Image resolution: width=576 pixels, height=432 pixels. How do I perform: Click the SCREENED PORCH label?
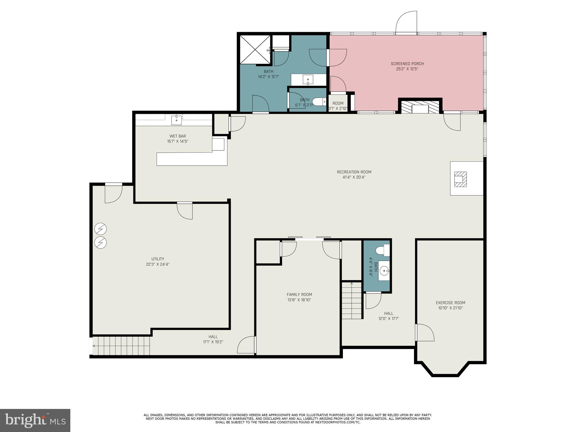pyautogui.click(x=407, y=64)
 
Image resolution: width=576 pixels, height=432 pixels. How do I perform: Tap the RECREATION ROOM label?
pyautogui.click(x=354, y=172)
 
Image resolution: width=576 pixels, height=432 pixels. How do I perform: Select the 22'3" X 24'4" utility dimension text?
pyautogui.click(x=157, y=264)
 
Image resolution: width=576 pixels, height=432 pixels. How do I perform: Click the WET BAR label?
pyautogui.click(x=177, y=136)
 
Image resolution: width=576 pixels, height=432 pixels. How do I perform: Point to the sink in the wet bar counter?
pyautogui.click(x=176, y=120)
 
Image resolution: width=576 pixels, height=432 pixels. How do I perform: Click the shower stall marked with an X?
pyautogui.click(x=255, y=49)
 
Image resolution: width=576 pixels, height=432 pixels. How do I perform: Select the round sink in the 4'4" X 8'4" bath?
pyautogui.click(x=384, y=271)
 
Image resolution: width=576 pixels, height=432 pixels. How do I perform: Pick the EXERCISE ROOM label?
pyautogui.click(x=450, y=303)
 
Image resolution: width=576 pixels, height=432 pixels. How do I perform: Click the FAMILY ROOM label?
pyautogui.click(x=299, y=295)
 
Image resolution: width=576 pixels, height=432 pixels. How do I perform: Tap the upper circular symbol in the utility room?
pyautogui.click(x=100, y=229)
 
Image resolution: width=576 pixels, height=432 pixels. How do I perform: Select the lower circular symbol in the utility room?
pyautogui.click(x=100, y=242)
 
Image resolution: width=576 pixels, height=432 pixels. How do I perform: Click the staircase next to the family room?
pyautogui.click(x=352, y=301)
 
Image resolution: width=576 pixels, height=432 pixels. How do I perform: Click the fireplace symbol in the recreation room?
pyautogui.click(x=460, y=179)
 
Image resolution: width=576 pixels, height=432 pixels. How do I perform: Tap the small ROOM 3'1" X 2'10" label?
pyautogui.click(x=338, y=103)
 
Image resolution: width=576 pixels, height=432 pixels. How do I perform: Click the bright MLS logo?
pyautogui.click(x=35, y=420)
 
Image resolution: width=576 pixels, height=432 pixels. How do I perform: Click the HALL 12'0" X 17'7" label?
pyautogui.click(x=388, y=314)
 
